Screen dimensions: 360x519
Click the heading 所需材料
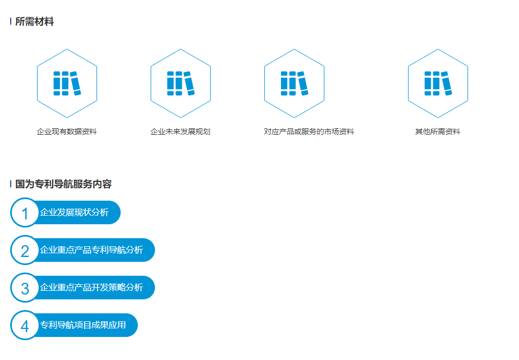[34, 22]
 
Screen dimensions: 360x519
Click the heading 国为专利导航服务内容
[63, 184]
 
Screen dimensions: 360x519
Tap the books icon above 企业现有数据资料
[66, 83]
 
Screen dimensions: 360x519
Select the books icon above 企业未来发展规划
[180, 83]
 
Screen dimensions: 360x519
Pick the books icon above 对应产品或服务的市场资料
[294, 83]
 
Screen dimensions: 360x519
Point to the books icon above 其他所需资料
[438, 83]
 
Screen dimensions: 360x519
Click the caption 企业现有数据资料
[66, 131]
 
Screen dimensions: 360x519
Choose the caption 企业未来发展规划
[180, 131]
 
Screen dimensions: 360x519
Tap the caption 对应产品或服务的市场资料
[309, 131]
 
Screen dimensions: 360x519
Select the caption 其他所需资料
[438, 131]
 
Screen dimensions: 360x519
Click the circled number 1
[25, 213]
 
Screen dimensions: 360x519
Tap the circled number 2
[25, 251]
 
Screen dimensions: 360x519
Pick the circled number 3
[25, 288]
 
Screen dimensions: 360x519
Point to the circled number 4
[25, 326]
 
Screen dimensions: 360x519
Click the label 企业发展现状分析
[75, 212]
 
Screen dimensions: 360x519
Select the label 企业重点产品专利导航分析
[92, 250]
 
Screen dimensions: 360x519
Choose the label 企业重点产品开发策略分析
[92, 288]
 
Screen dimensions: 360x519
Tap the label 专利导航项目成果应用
[83, 325]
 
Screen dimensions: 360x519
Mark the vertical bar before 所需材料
[11, 22]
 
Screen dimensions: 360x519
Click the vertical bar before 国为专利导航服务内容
[11, 184]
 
